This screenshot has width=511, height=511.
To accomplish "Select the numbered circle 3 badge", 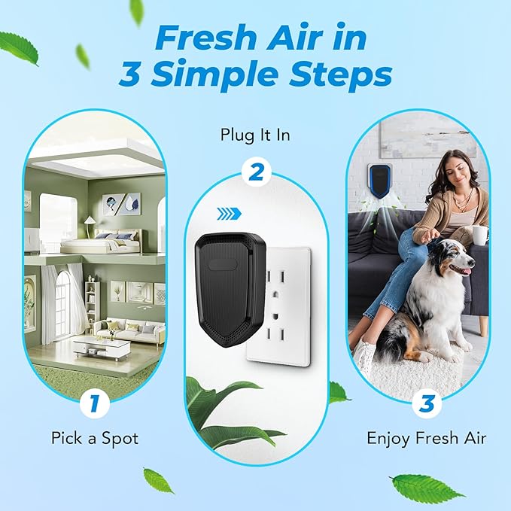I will (426, 404).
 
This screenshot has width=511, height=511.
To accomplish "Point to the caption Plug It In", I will (255, 135).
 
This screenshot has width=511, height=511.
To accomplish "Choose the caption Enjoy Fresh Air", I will (426, 438).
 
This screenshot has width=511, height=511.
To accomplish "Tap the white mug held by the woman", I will (479, 234).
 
